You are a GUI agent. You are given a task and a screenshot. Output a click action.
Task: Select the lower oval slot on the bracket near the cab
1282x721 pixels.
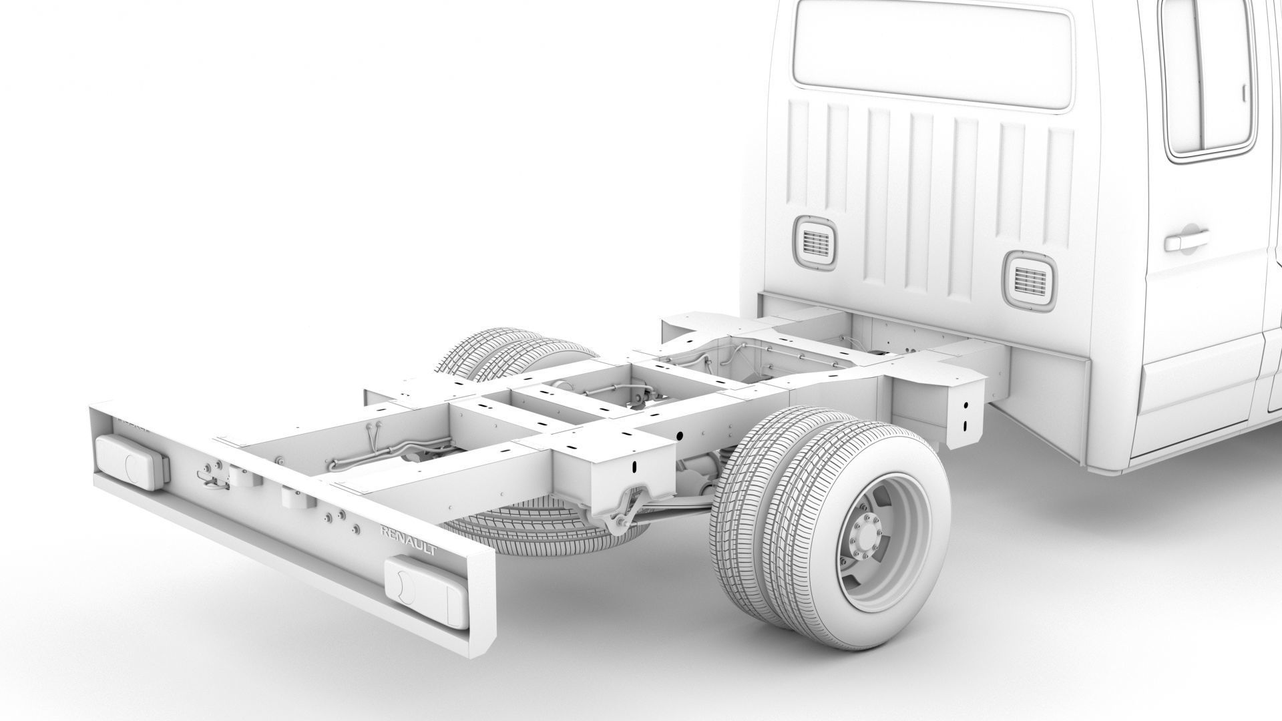pyautogui.click(x=966, y=425)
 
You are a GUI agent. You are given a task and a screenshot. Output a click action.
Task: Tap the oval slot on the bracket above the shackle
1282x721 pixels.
pyautogui.click(x=635, y=467)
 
